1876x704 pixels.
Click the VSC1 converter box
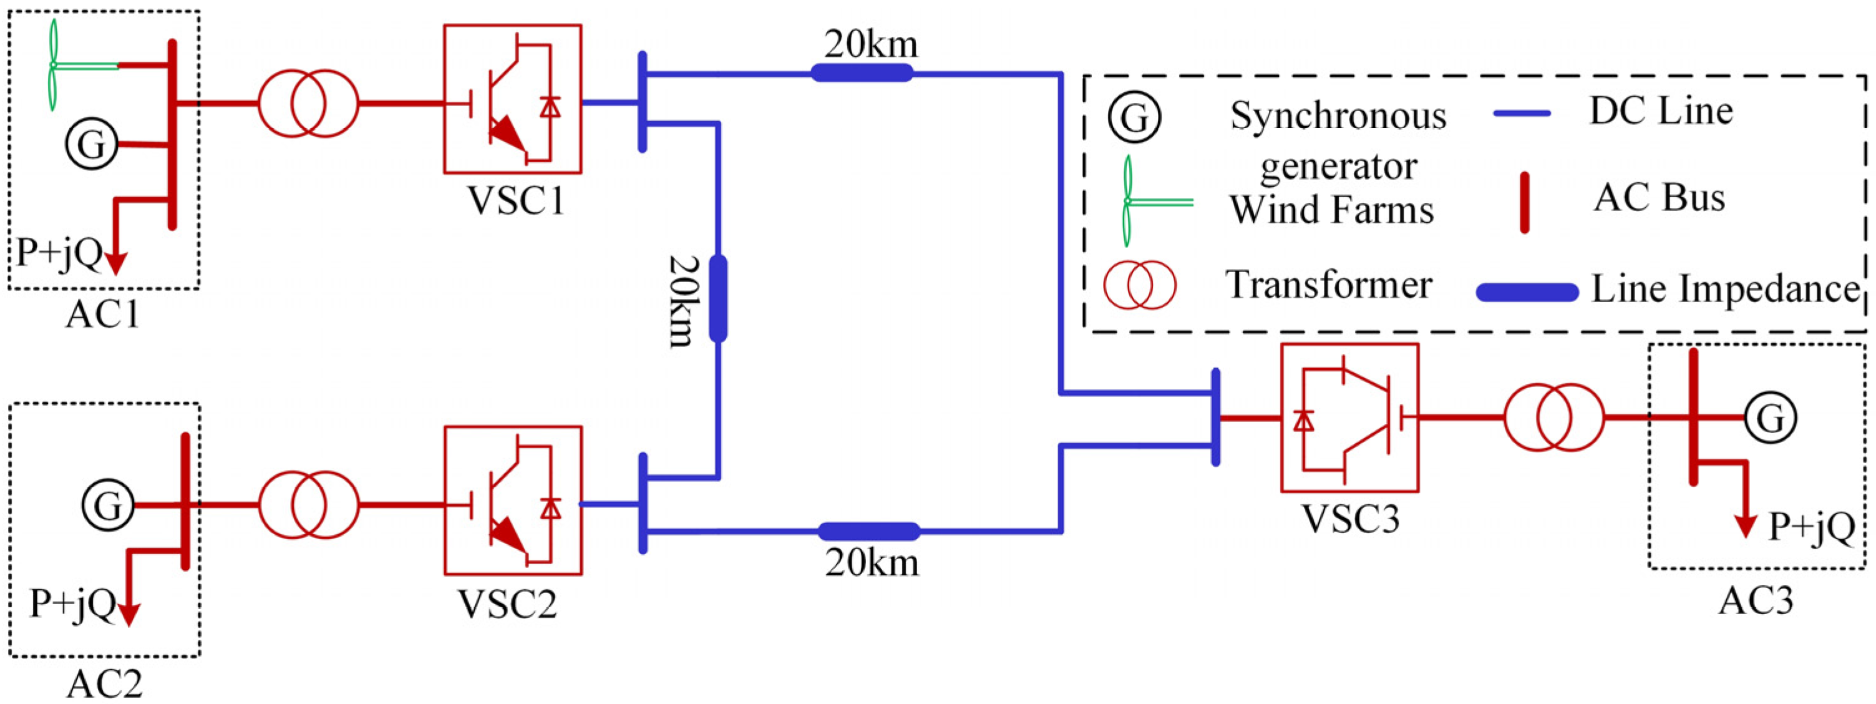[x=512, y=99]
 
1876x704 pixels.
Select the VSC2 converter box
[x=513, y=500]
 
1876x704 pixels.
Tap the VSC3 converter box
[x=1349, y=418]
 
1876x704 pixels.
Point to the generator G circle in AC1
[x=91, y=144]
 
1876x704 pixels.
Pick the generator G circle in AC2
[x=108, y=505]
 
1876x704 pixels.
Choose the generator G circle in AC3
[x=1771, y=418]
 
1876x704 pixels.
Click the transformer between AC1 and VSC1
[x=309, y=104]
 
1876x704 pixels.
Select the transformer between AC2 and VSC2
[x=309, y=505]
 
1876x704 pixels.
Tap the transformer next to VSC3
[x=1554, y=418]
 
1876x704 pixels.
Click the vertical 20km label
[x=683, y=300]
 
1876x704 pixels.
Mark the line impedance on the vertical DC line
[x=718, y=298]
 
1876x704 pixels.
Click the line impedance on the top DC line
[x=862, y=72]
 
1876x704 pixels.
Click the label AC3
[x=1755, y=601]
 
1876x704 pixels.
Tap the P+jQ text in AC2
[x=71, y=604]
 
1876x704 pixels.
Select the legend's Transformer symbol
[x=1139, y=285]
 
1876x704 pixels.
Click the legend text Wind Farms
[x=1331, y=210]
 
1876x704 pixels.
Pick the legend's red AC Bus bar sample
[x=1524, y=203]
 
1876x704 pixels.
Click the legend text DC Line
[x=1660, y=112]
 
